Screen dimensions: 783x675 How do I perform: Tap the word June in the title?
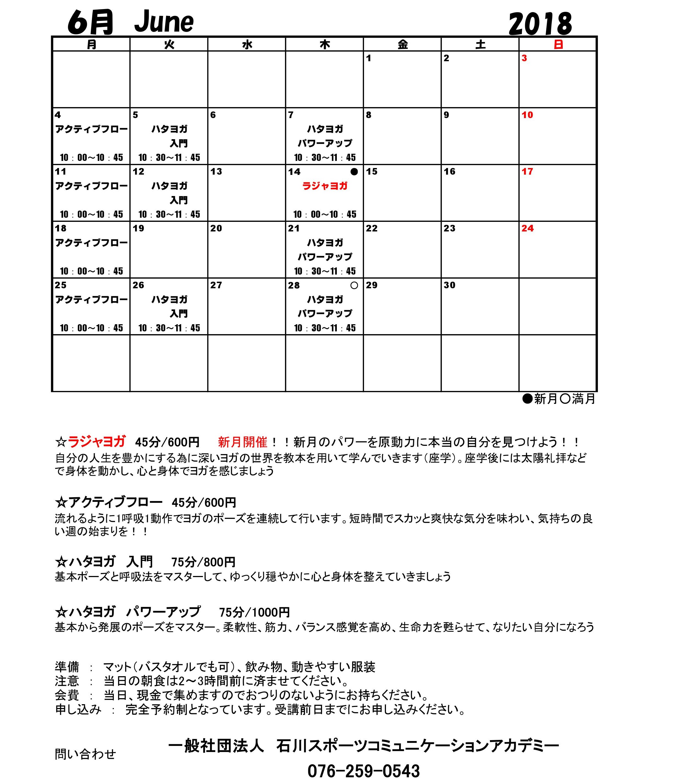click(164, 23)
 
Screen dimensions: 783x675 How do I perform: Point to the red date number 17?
click(527, 172)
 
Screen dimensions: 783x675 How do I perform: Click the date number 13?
click(216, 172)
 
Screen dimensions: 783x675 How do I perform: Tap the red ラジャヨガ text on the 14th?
click(325, 186)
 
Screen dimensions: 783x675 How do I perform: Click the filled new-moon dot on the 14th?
click(354, 172)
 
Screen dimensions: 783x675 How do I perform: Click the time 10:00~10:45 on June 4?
click(91, 158)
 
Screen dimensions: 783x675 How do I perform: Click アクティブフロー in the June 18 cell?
click(91, 243)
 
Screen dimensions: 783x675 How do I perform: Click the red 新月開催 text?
click(242, 442)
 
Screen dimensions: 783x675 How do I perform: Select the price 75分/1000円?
click(254, 612)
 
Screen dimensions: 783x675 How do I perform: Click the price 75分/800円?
click(203, 562)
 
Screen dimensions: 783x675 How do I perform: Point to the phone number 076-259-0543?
click(364, 771)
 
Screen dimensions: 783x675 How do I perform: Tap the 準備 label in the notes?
click(67, 667)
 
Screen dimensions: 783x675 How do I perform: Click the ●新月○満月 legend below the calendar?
click(559, 399)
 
